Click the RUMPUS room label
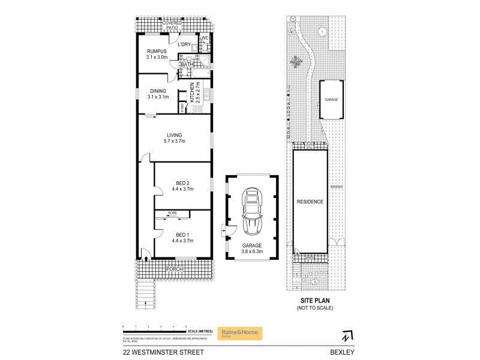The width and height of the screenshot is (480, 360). (x=157, y=52)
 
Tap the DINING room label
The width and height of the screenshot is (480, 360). (x=158, y=91)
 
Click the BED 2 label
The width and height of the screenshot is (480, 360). (x=182, y=183)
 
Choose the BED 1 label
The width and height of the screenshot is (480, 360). (x=182, y=235)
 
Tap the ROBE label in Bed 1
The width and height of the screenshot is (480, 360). (x=172, y=213)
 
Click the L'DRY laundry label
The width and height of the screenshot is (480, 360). (x=184, y=44)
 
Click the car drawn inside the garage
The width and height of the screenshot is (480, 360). (x=251, y=213)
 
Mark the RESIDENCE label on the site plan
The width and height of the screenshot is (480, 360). (x=310, y=202)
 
